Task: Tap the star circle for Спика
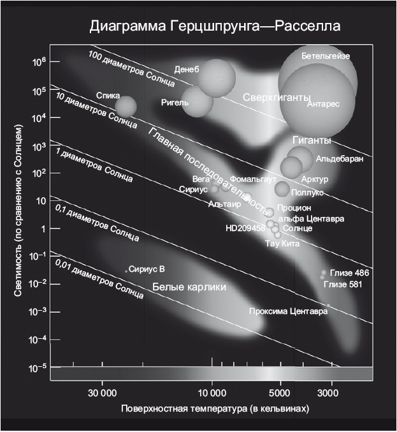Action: [x=126, y=107]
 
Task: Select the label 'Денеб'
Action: [x=185, y=69]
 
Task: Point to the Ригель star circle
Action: [x=198, y=102]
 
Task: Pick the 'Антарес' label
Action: [x=323, y=103]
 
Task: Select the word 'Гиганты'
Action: [x=312, y=140]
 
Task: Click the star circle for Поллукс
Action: [x=282, y=188]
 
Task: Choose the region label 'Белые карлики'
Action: [x=189, y=288]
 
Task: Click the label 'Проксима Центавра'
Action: [x=288, y=311]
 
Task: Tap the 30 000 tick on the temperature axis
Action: [x=101, y=391]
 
